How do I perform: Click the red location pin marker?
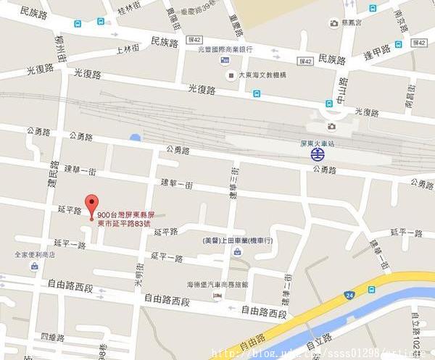[x=91, y=206]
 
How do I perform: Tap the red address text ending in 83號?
[x=134, y=219]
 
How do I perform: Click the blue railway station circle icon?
[x=317, y=154]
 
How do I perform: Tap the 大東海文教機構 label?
[x=262, y=75]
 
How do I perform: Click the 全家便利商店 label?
[x=34, y=255]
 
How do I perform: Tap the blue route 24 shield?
[x=349, y=295]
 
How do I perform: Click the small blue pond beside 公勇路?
[x=135, y=138]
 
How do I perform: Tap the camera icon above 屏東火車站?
[x=331, y=127]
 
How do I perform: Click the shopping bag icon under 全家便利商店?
[x=34, y=267]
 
